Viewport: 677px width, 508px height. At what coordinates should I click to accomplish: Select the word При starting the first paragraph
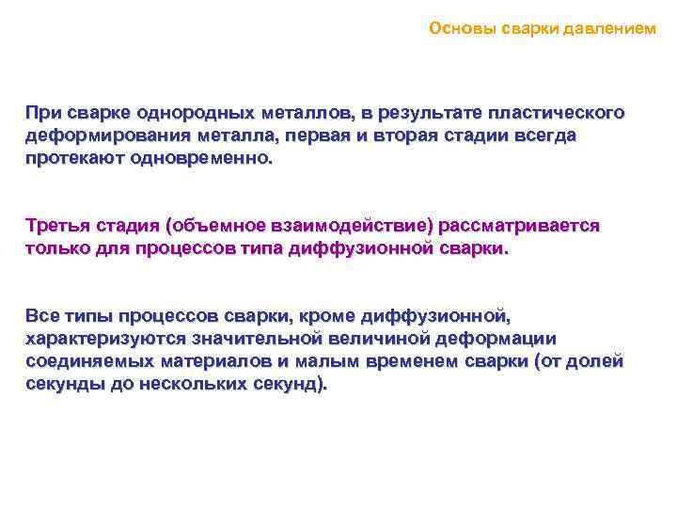point(43,114)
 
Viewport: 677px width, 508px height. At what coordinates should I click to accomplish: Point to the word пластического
point(563,114)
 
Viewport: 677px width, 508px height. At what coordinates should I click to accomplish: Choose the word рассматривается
point(526,227)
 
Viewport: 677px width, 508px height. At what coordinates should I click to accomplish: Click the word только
point(58,249)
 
